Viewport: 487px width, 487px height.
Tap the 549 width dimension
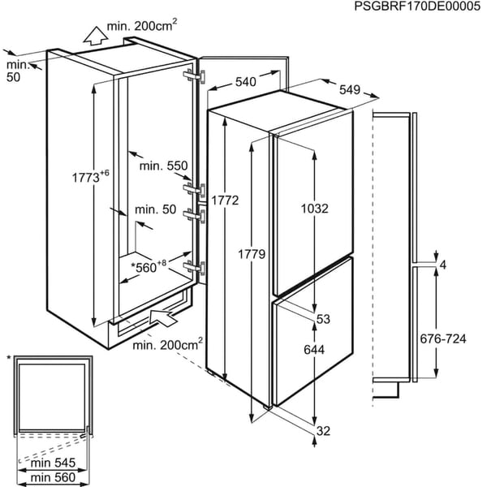coord(350,90)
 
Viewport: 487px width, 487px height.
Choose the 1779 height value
coord(254,255)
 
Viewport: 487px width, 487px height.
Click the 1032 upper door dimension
coord(313,208)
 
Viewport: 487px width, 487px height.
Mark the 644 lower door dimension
coord(315,352)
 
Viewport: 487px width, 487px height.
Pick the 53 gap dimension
coord(323,319)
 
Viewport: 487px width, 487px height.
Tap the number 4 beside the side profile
coord(442,265)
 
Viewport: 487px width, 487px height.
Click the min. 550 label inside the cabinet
coord(163,166)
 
